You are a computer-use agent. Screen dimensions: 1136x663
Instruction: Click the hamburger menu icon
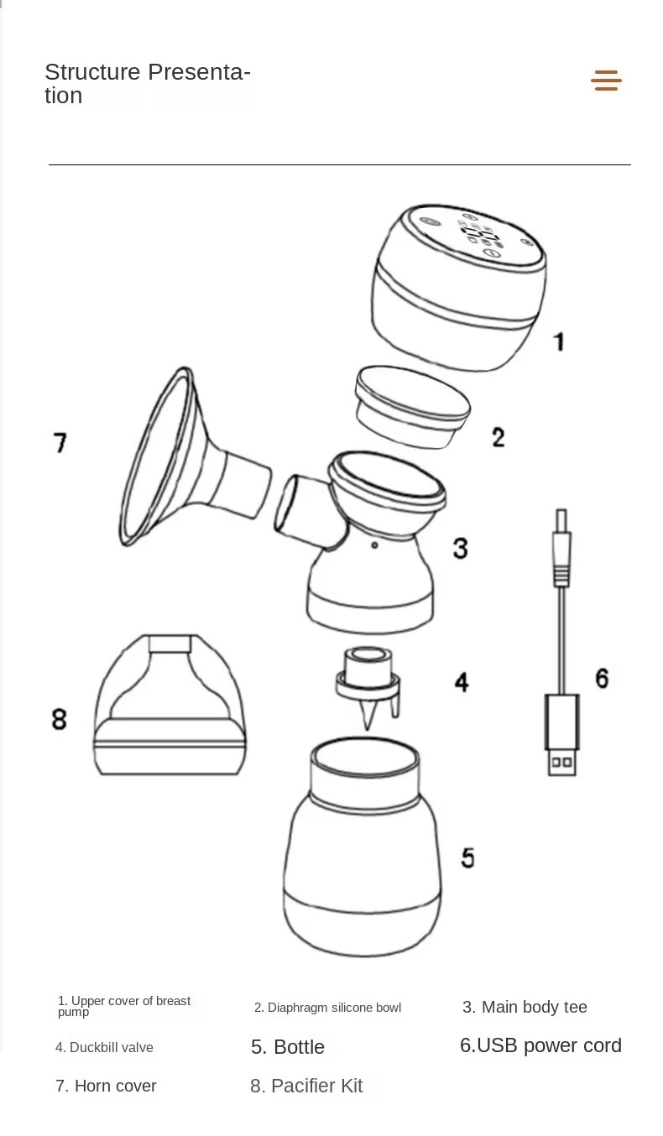click(x=606, y=81)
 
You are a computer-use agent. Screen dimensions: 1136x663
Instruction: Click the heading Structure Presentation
click(x=147, y=83)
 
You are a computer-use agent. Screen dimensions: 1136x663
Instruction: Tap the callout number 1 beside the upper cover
click(x=558, y=341)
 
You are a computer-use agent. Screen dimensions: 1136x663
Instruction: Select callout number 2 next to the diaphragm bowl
click(x=498, y=436)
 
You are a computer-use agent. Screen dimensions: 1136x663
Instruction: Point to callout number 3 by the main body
click(x=460, y=548)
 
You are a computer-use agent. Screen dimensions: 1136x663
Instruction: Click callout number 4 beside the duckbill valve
click(x=461, y=681)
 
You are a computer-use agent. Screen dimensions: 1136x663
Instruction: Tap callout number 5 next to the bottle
click(x=467, y=857)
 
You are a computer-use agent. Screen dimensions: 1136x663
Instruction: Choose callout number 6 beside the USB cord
click(x=602, y=677)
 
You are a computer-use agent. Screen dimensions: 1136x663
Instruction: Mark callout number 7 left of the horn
click(x=60, y=442)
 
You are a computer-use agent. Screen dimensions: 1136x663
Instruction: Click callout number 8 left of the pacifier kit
click(x=59, y=719)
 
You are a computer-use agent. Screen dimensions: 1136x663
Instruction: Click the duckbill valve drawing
click(x=368, y=684)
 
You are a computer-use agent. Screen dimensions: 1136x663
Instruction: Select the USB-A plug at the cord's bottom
click(x=562, y=735)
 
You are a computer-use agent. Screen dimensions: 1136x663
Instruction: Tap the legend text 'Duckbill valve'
click(x=105, y=1047)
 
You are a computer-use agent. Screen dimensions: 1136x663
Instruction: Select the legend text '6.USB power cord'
click(x=540, y=1045)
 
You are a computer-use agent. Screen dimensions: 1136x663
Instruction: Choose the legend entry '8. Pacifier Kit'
click(x=306, y=1086)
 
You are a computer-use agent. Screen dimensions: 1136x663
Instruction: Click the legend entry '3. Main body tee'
click(x=525, y=1007)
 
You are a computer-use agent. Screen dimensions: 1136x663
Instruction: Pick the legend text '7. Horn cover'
click(x=106, y=1086)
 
